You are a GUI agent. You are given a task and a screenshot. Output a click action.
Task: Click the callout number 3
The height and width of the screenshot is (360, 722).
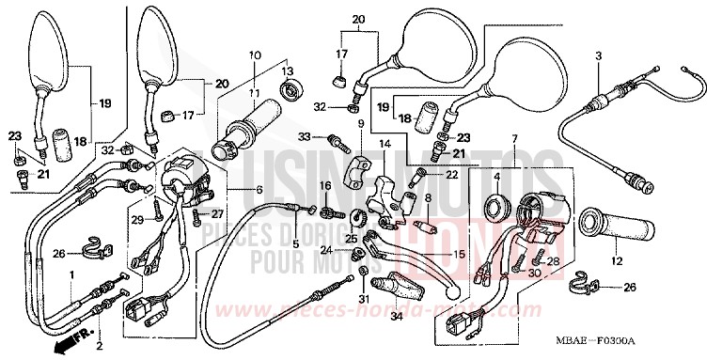point(597,57)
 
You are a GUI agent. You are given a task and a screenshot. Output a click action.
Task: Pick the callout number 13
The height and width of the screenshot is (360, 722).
point(287,71)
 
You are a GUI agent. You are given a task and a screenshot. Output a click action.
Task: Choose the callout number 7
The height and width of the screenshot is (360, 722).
point(514,139)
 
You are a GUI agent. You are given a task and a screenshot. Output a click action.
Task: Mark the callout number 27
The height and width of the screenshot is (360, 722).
point(231,213)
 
